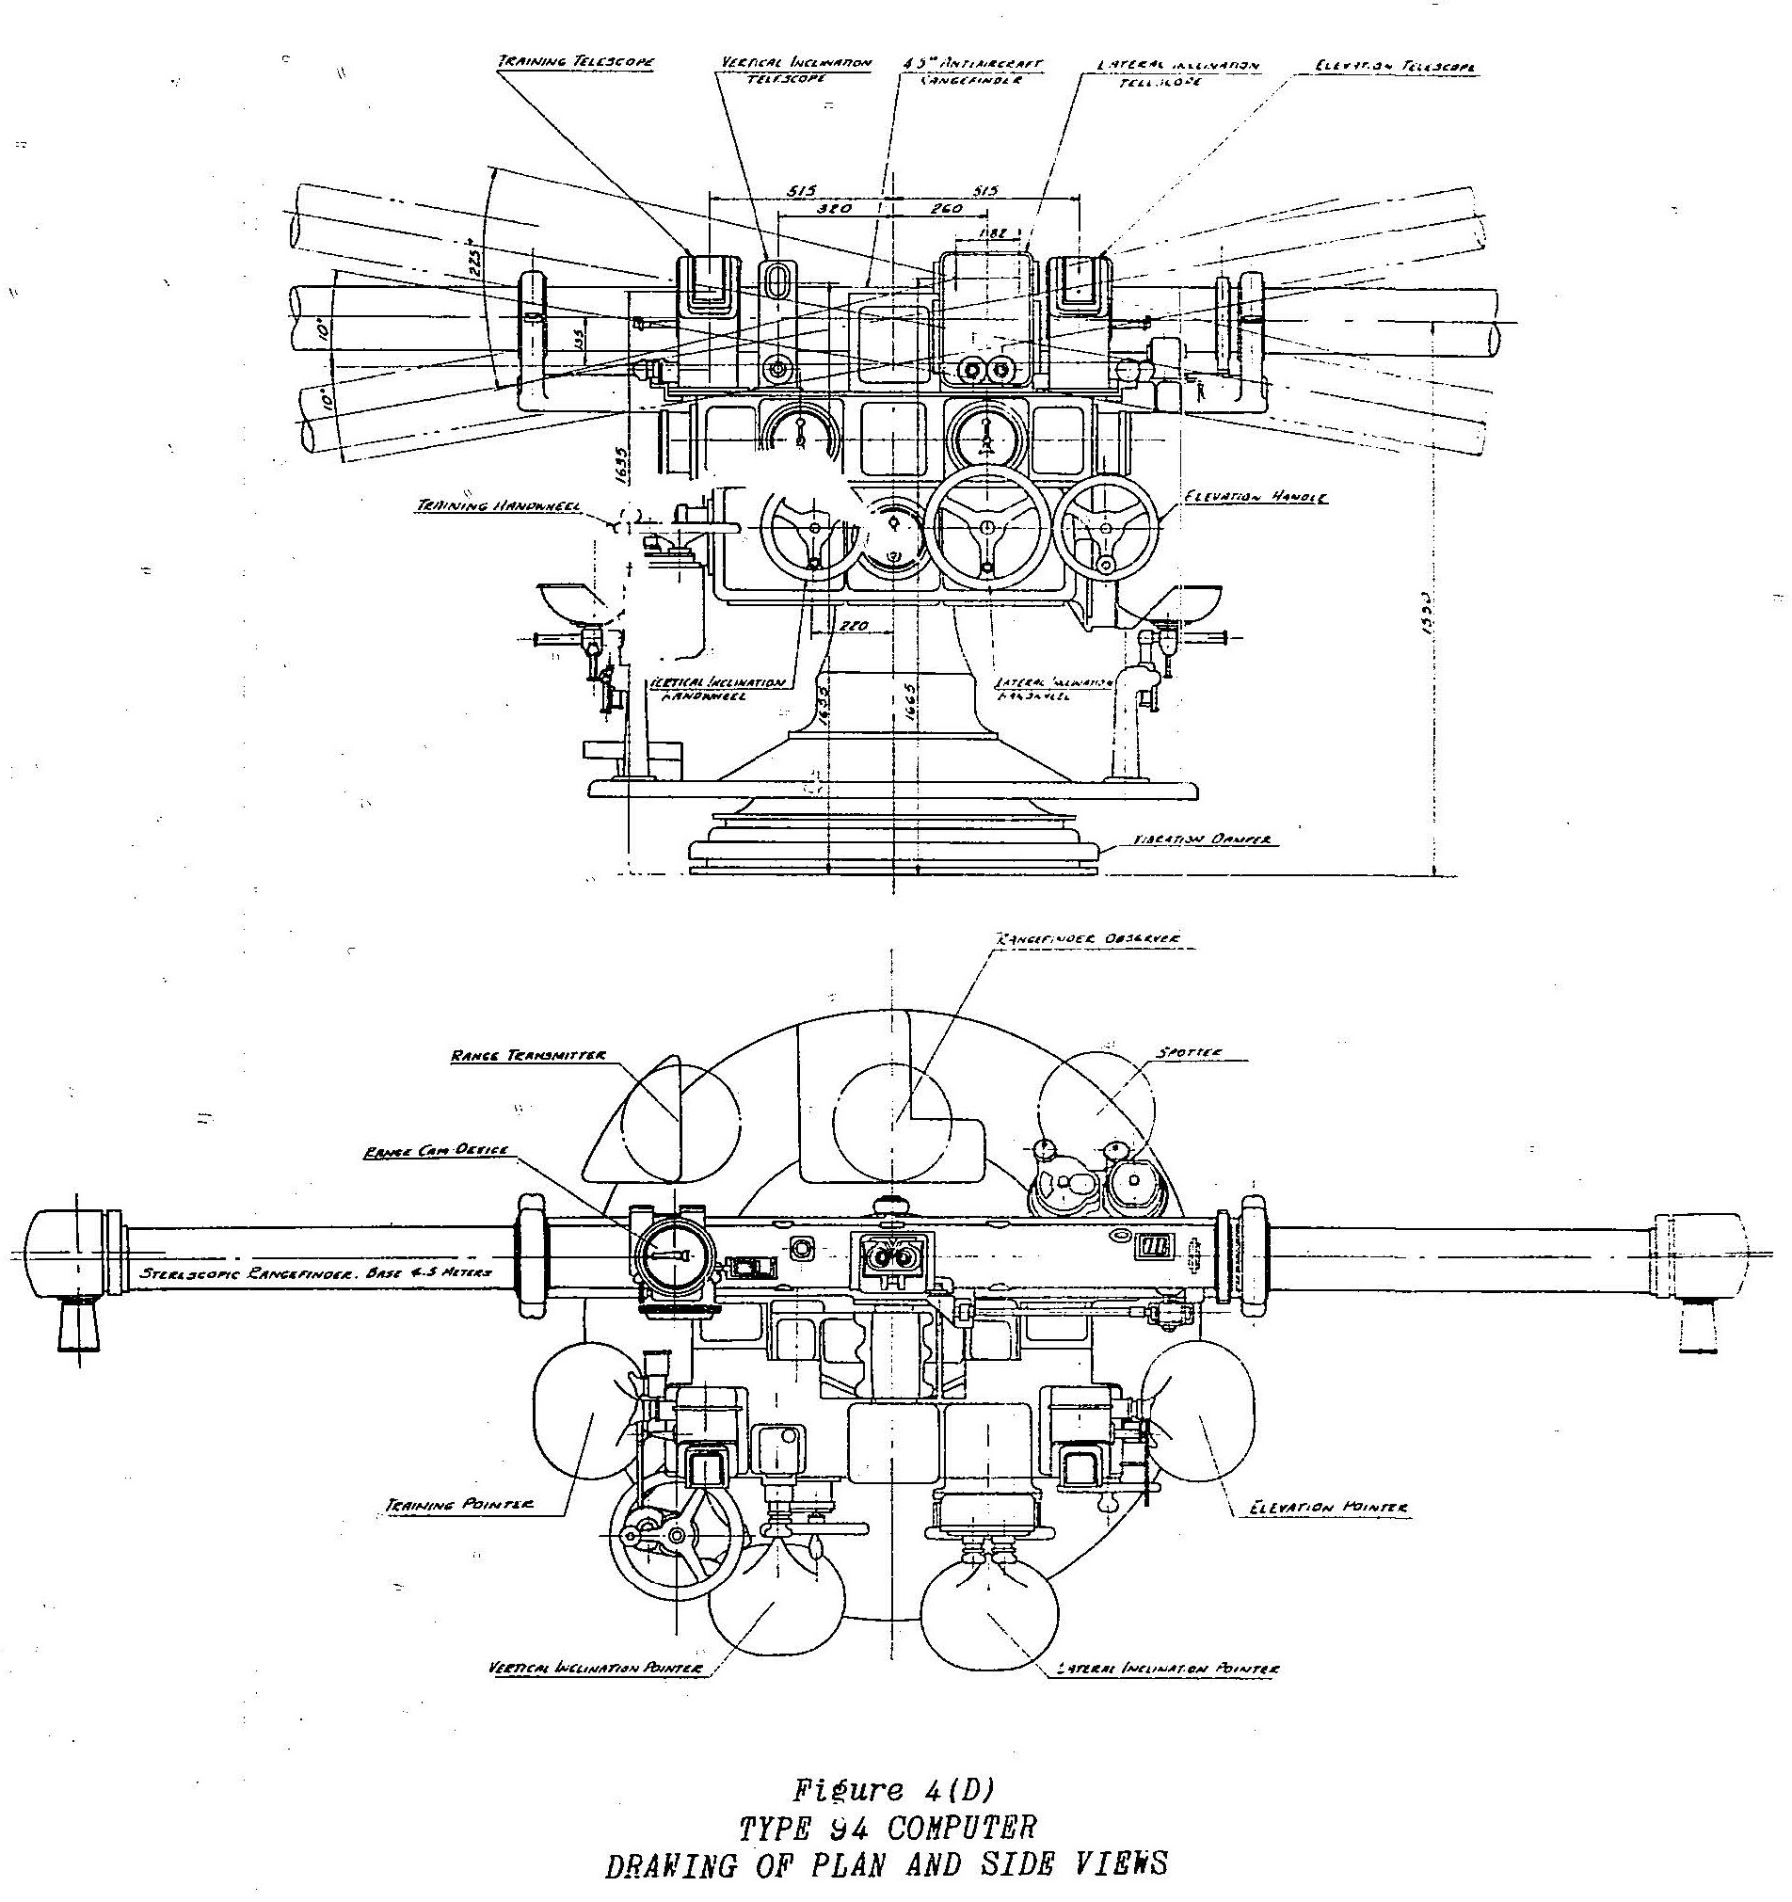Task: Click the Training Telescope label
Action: click(574, 62)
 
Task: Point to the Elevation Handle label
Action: click(1256, 498)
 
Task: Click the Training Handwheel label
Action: click(497, 506)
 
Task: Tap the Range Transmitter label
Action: click(528, 1056)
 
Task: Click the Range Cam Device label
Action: click(439, 1152)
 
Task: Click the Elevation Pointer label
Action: click(1329, 1508)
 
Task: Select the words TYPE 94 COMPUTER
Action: click(887, 1829)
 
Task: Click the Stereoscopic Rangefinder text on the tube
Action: click(315, 1273)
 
